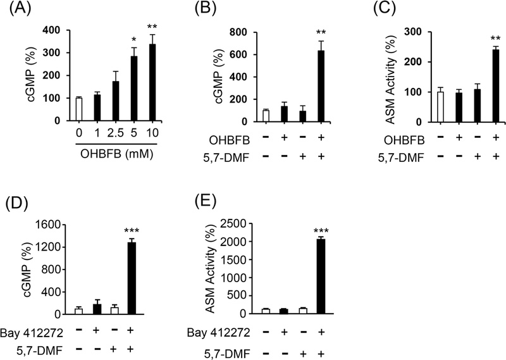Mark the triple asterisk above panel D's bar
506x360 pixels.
pyautogui.click(x=132, y=230)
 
